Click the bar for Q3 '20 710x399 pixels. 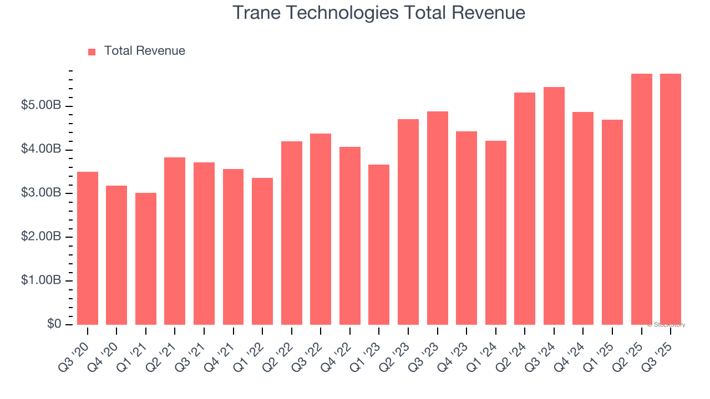[x=88, y=248]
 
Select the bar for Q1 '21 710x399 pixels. [x=146, y=259]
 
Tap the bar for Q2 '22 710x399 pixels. [x=292, y=233]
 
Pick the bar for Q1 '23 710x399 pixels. [x=379, y=244]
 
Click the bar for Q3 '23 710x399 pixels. [x=438, y=218]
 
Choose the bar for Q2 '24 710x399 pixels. [x=525, y=208]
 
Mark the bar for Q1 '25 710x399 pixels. [x=612, y=222]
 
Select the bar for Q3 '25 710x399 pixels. [x=671, y=199]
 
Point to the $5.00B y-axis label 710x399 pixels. [x=41, y=105]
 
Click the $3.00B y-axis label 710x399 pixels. [x=41, y=193]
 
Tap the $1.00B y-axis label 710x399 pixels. [x=41, y=280]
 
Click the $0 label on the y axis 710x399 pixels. [x=54, y=324]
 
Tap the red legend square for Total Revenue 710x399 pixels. [x=92, y=52]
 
